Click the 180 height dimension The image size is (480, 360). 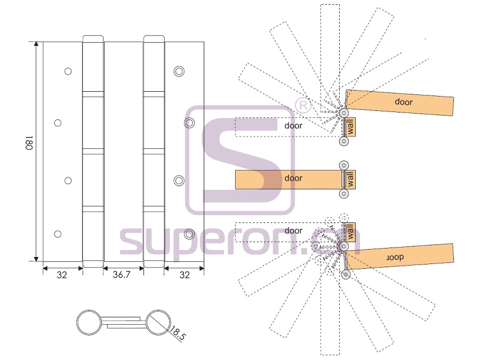pyautogui.click(x=29, y=143)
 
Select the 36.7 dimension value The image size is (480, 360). pyautogui.click(x=122, y=274)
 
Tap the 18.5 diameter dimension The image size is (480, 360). pyautogui.click(x=177, y=334)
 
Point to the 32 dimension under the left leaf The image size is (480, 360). pyautogui.click(x=62, y=275)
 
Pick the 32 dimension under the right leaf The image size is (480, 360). pyautogui.click(x=185, y=275)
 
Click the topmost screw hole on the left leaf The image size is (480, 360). pyautogui.click(x=68, y=71)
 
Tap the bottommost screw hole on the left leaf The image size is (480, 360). pyautogui.click(x=58, y=234)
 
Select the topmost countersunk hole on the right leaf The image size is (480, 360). pyautogui.click(x=179, y=71)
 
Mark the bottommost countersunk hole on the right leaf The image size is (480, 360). pyautogui.click(x=189, y=234)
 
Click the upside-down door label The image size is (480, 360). pyautogui.click(x=395, y=258)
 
